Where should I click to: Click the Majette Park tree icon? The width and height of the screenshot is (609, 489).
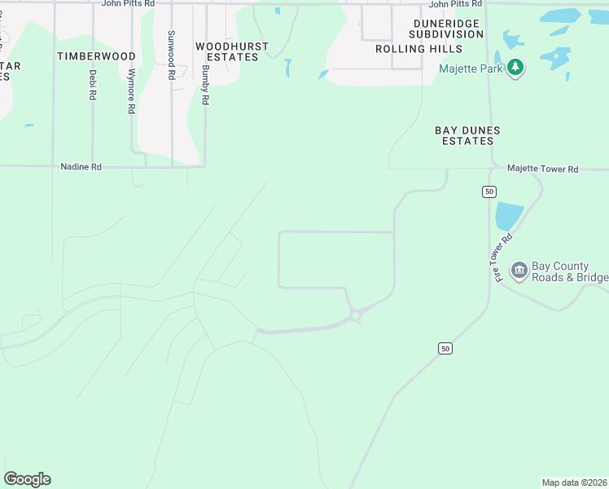[514, 67]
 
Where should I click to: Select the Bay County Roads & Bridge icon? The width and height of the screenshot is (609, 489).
[519, 270]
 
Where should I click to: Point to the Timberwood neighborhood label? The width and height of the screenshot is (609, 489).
[96, 56]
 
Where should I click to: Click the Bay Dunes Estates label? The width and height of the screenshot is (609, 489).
[467, 135]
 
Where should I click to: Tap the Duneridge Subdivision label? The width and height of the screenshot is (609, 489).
[446, 29]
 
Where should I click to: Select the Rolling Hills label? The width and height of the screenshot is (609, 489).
[413, 49]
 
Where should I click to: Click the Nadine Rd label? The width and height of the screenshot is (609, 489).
[81, 166]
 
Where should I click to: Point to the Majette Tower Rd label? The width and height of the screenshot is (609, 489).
[542, 169]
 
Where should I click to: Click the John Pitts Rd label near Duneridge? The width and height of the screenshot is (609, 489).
[455, 4]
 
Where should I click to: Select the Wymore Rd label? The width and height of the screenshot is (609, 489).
[131, 90]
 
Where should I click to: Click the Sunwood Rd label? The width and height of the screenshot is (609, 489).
[171, 55]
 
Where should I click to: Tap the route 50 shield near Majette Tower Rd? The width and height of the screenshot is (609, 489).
[489, 192]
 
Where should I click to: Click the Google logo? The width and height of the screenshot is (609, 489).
[27, 479]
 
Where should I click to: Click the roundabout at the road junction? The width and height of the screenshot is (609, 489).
[355, 315]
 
